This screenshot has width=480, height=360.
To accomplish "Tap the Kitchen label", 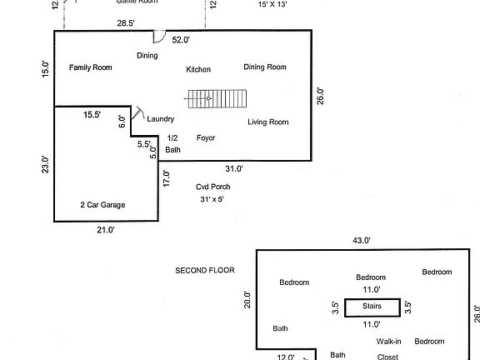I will [198, 69].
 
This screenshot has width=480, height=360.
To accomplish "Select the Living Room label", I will [267, 122].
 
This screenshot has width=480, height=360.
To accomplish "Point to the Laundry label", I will [160, 119].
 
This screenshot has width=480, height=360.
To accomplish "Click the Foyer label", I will [206, 137].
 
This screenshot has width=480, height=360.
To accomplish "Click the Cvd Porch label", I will [212, 187].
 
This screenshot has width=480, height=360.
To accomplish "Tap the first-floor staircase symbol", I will [217, 99].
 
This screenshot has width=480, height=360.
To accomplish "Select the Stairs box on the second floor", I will [372, 307].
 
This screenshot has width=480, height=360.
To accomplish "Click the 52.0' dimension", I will [181, 39].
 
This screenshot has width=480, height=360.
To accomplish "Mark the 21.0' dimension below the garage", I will [105, 231].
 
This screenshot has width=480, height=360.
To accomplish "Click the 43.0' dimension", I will [362, 240].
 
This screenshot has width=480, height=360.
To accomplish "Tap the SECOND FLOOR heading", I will [205, 270].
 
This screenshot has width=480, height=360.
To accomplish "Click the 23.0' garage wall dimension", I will [45, 165].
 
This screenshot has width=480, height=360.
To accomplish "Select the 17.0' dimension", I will [167, 177].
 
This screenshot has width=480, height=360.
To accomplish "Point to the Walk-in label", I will [388, 341].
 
